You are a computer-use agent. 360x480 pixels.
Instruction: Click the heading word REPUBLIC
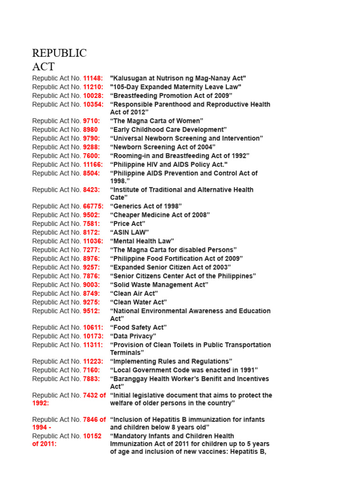point(59,53)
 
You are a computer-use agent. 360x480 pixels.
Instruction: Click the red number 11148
point(93,78)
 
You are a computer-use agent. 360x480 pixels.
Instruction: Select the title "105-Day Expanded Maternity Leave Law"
point(175,87)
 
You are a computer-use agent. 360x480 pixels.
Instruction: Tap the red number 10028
point(93,96)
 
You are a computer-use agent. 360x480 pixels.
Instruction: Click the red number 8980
point(90,130)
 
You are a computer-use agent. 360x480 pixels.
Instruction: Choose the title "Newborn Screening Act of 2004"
point(163,147)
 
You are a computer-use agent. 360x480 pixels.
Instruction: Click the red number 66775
point(93,206)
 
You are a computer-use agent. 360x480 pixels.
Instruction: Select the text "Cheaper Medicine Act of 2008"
point(160,215)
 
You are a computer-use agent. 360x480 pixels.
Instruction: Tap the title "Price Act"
point(127,224)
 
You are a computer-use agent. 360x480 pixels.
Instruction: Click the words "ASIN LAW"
point(129,232)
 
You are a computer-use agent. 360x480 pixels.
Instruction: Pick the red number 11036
point(93,241)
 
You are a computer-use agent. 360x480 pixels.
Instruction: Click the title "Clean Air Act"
point(134,293)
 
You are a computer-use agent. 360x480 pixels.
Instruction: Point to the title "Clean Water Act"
point(138,302)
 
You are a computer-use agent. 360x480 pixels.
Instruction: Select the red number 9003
point(91,285)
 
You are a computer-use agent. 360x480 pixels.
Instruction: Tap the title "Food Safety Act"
point(138,328)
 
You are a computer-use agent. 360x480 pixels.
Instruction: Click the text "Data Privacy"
point(133,336)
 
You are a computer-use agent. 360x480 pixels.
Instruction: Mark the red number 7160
point(91,370)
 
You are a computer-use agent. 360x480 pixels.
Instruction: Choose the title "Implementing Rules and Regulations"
point(171,361)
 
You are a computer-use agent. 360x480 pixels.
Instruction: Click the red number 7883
point(91,379)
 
